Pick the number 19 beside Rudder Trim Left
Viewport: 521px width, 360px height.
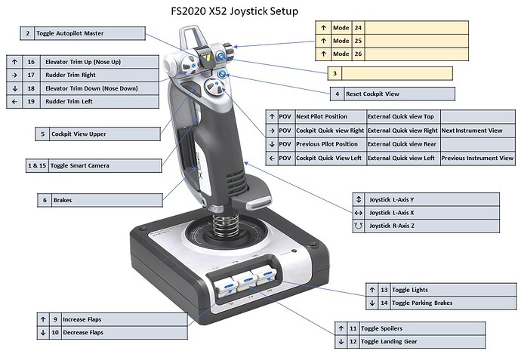pyautogui.click(x=31, y=101)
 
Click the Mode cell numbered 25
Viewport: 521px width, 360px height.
pyautogui.click(x=341, y=41)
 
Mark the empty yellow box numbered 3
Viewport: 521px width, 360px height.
pyautogui.click(x=396, y=73)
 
